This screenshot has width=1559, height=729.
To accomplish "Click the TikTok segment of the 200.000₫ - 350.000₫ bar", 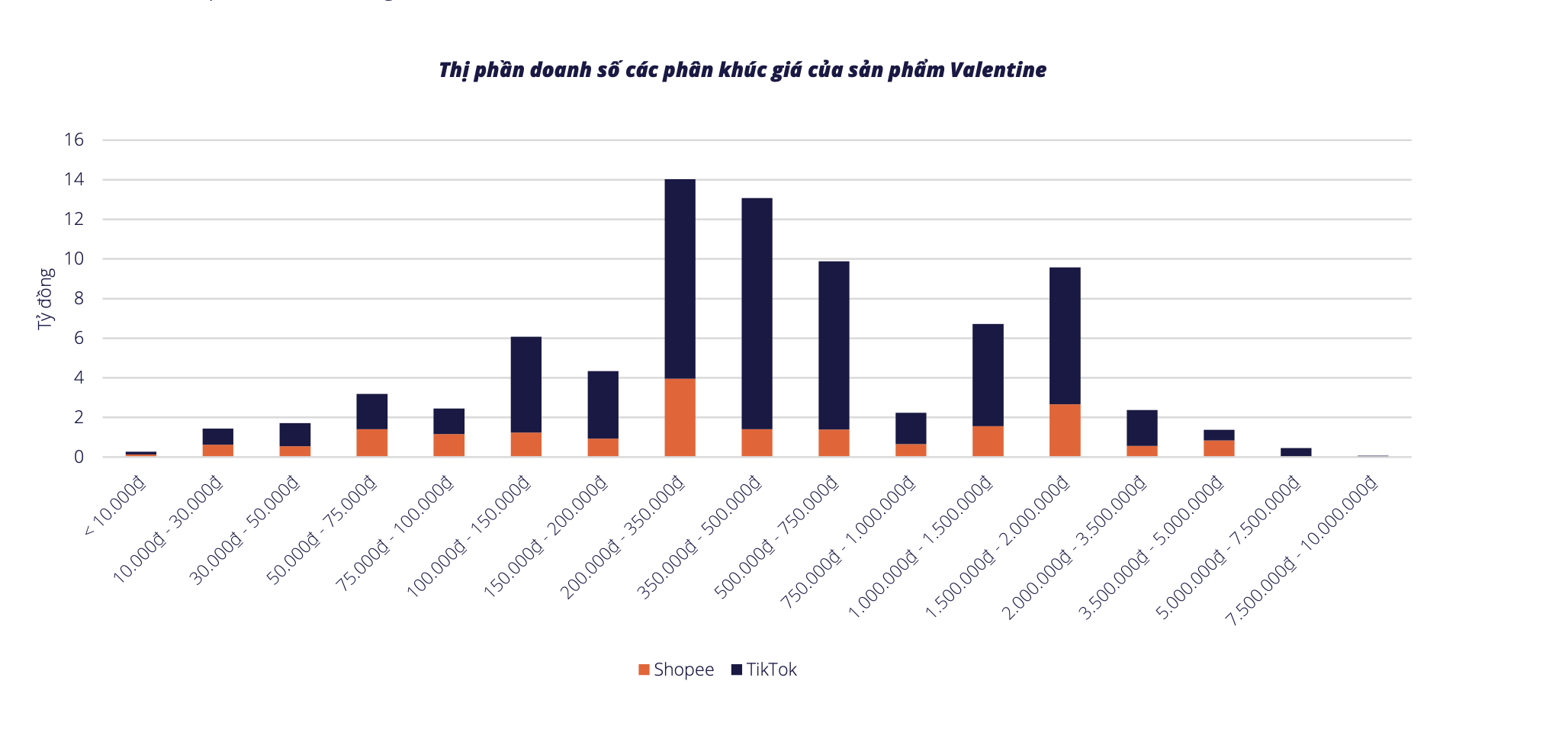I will [x=680, y=278].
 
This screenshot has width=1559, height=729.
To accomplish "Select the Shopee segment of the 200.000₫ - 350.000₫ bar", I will [x=680, y=417].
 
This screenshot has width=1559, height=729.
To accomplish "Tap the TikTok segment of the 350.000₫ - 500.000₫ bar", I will [x=757, y=313].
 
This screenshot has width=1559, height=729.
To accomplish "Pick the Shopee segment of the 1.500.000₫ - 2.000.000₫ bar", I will [x=1065, y=430].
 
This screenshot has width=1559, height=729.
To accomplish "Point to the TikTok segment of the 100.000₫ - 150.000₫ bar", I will [x=526, y=384].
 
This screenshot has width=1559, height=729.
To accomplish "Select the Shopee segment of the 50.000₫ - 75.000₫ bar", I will [x=371, y=442].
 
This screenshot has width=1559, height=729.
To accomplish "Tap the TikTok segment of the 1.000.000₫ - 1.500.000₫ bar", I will [x=988, y=374].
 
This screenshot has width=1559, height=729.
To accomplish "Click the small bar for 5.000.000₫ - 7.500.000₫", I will [x=1296, y=451].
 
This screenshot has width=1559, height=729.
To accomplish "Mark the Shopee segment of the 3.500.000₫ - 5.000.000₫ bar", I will [x=1219, y=448].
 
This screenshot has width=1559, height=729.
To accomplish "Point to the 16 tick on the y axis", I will [x=74, y=140].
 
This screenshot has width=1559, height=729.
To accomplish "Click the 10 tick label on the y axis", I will [x=74, y=259].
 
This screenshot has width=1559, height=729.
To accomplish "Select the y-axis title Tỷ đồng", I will [x=46, y=298].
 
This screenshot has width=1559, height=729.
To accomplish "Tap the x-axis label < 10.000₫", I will [x=115, y=506].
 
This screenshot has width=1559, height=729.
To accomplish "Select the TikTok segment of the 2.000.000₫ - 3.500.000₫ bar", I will [x=1142, y=428].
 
